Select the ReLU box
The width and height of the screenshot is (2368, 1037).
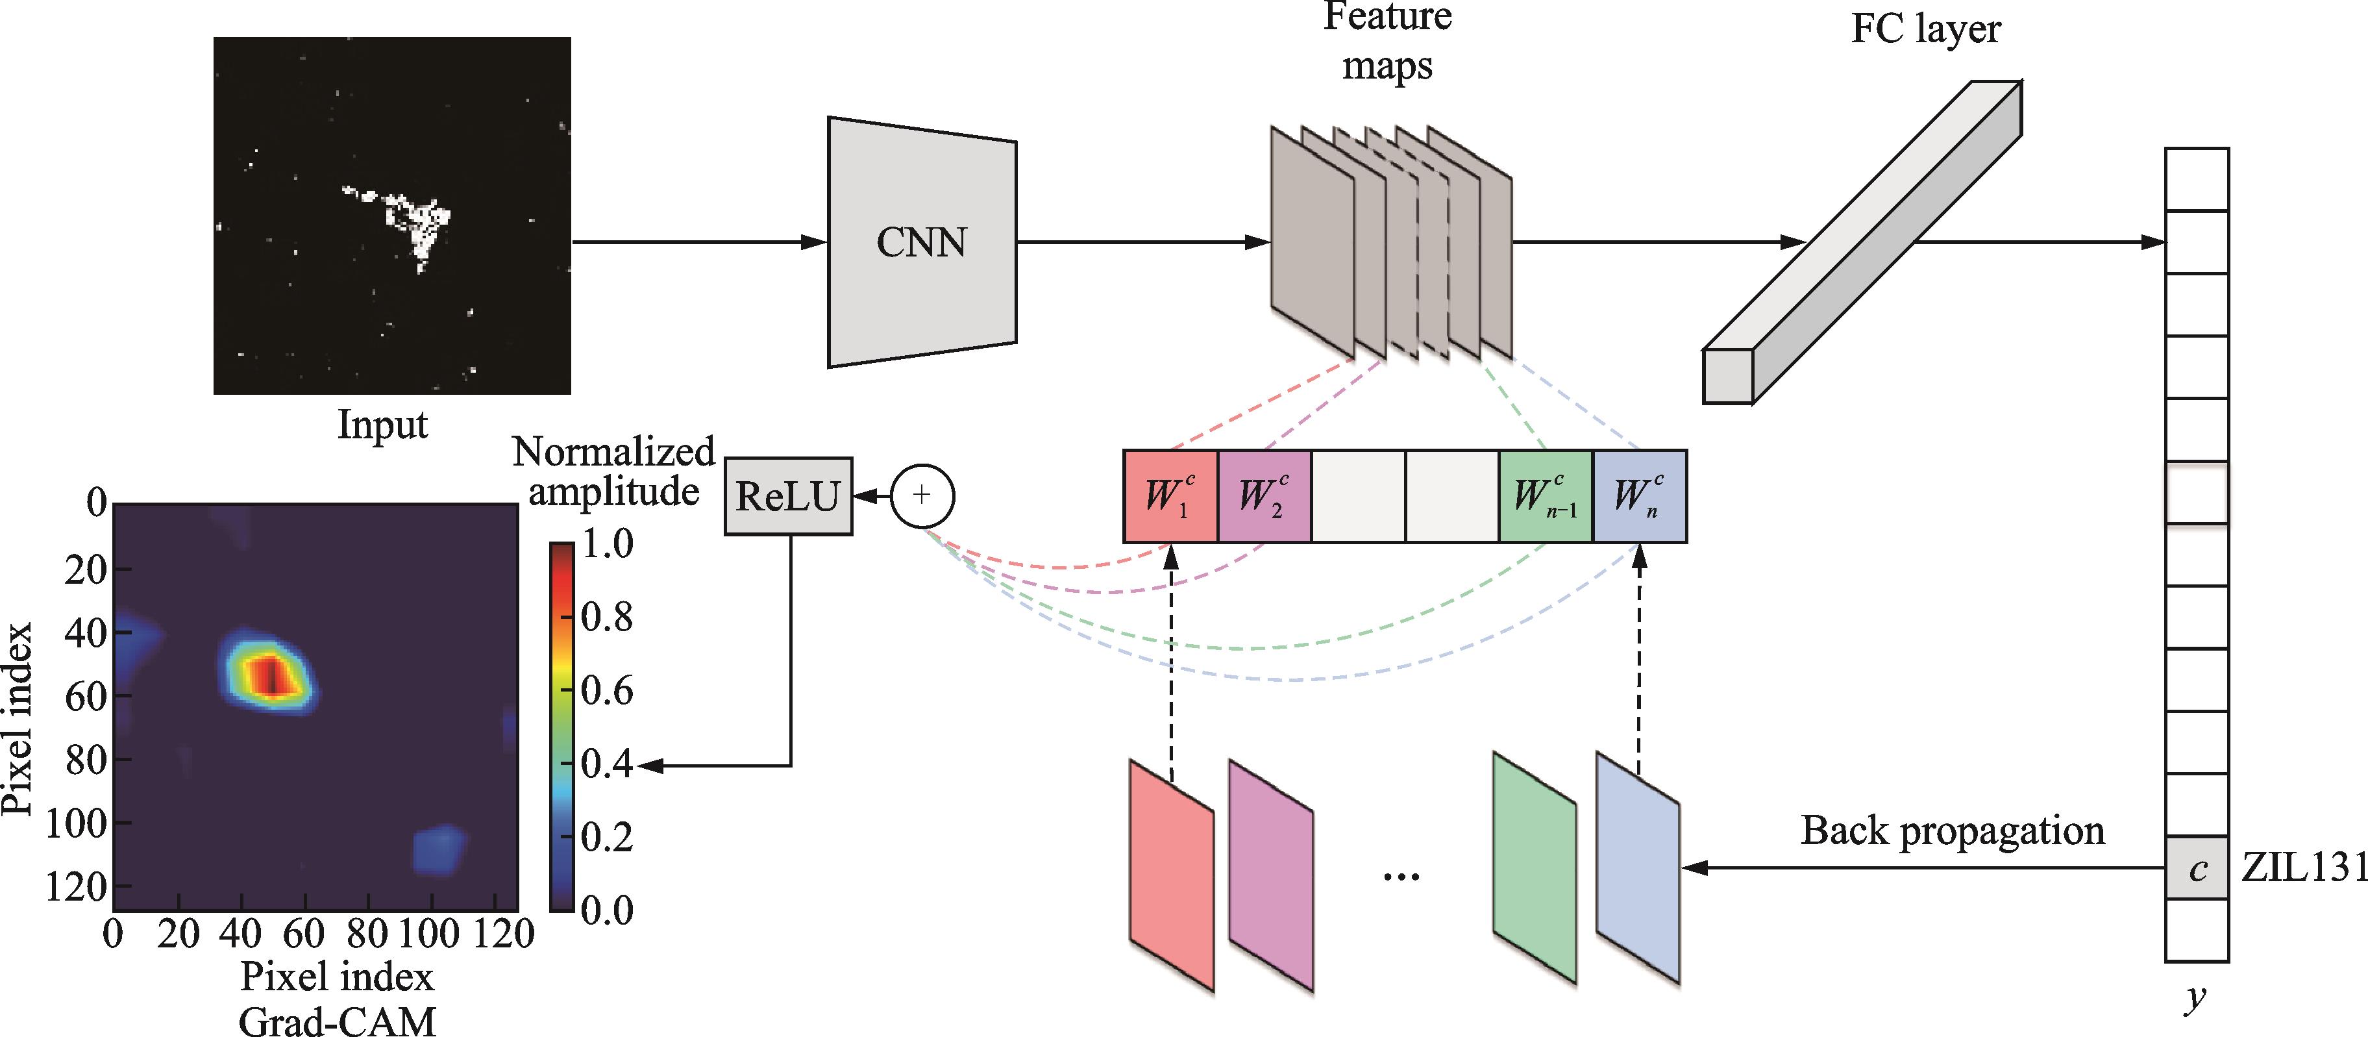click(788, 497)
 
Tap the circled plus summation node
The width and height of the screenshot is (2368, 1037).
click(922, 495)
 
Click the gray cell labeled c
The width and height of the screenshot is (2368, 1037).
click(2197, 868)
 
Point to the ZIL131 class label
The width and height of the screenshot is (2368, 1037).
click(2302, 868)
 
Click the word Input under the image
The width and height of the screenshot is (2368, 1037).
click(382, 425)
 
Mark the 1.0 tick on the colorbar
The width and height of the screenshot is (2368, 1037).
click(607, 543)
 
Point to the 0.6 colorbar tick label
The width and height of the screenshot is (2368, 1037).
click(607, 690)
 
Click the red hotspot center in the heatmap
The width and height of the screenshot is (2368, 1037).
click(270, 676)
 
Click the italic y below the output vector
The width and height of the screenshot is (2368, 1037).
click(2195, 997)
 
